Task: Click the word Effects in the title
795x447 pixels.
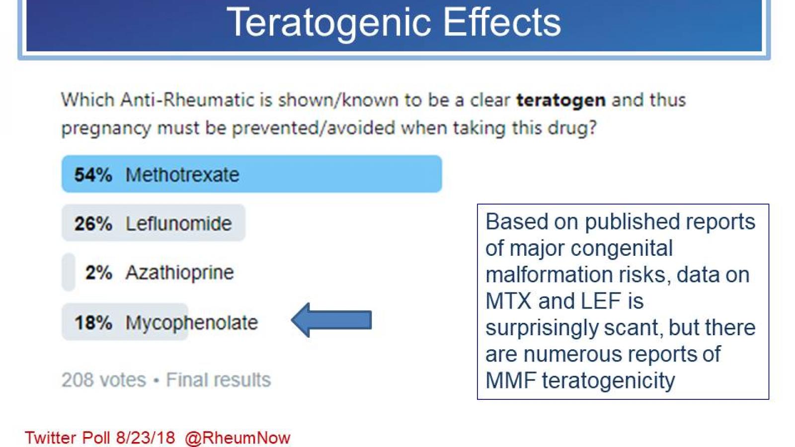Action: [x=502, y=23]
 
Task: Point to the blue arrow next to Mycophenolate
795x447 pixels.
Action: [x=332, y=320]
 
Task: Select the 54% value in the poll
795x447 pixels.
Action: [x=93, y=175]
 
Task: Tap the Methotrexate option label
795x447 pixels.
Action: [x=182, y=175]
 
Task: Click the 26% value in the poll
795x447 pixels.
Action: [x=93, y=223]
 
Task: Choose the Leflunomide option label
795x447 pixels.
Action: [x=178, y=223]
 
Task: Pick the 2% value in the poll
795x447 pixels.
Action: [x=98, y=272]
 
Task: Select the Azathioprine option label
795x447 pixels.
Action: [x=179, y=272]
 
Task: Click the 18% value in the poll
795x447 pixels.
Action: [x=93, y=322]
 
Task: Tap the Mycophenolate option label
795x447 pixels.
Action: [x=191, y=322]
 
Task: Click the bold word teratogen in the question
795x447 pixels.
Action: [x=560, y=100]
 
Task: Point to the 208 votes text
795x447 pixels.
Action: [x=103, y=380]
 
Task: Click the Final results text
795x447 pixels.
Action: [x=218, y=380]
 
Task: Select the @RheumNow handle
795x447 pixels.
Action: [x=237, y=438]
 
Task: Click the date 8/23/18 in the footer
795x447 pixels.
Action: [x=145, y=438]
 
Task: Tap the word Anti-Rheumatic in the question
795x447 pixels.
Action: [x=187, y=100]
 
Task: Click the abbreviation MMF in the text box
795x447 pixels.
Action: [x=510, y=381]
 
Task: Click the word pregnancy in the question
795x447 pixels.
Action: [x=106, y=128]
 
